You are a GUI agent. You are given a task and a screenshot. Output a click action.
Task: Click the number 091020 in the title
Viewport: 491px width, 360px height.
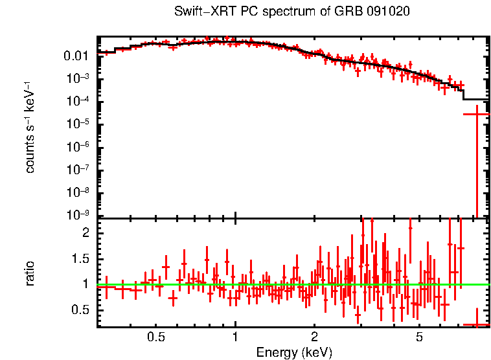click(x=389, y=12)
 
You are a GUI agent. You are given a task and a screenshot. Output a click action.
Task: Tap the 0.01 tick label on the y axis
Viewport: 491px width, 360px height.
click(x=77, y=56)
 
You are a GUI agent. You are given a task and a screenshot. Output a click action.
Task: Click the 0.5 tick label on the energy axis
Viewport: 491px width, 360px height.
click(x=155, y=337)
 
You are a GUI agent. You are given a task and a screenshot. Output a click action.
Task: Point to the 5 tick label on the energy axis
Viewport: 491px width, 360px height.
click(x=419, y=337)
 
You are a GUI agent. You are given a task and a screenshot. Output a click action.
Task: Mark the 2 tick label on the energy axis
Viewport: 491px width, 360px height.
click(x=314, y=337)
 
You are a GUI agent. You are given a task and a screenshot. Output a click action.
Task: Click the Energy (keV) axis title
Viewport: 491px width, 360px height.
click(x=294, y=352)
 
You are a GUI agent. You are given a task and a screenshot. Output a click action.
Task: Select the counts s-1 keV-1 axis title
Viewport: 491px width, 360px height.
click(x=30, y=127)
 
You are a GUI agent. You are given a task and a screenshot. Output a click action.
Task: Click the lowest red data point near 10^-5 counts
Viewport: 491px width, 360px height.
click(x=476, y=114)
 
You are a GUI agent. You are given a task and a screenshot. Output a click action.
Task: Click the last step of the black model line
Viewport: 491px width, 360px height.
click(x=476, y=100)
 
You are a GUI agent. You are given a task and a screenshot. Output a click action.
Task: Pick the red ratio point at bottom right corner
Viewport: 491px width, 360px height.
click(x=476, y=324)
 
